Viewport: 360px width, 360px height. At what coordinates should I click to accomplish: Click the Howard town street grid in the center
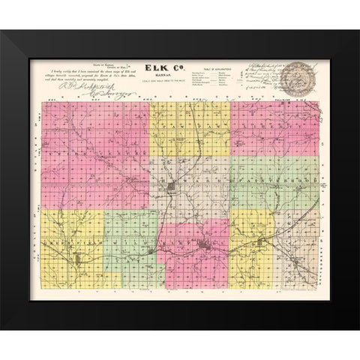click(x=174, y=184)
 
